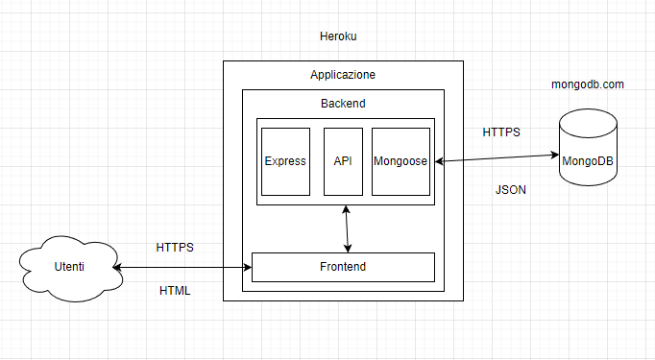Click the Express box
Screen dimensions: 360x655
(x=285, y=161)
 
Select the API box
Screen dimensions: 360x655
(x=343, y=161)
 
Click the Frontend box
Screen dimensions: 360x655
(x=343, y=266)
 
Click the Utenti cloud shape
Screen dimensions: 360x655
(x=68, y=266)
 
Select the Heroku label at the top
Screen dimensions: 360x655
(x=338, y=36)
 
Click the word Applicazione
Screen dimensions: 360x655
(x=343, y=74)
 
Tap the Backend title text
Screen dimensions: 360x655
(x=343, y=103)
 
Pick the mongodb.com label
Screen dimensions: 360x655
(x=588, y=84)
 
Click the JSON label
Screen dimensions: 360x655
(x=510, y=190)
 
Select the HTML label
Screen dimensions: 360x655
(x=175, y=290)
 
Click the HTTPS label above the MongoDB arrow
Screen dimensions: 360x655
(x=501, y=132)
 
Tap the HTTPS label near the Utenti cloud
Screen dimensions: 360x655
(x=175, y=247)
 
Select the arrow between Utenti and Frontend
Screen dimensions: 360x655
(x=182, y=268)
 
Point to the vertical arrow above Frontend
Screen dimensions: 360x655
(x=346, y=228)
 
